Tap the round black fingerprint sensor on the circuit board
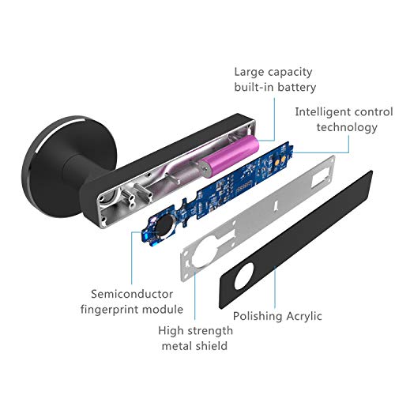coord(164,227)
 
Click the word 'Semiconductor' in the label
coord(132,294)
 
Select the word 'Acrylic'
coord(304,317)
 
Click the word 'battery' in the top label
coord(297,88)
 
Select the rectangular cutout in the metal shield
coord(321,179)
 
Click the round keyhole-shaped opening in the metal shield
coord(204,251)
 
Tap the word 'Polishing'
coord(258,317)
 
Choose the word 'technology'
coord(347,128)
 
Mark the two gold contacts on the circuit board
coord(280,160)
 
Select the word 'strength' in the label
coord(211,331)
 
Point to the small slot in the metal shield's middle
coord(275,206)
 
